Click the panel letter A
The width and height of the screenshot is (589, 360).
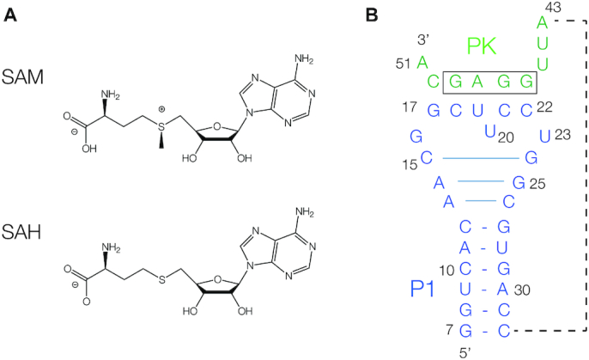(9, 15)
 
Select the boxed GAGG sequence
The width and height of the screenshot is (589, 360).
(489, 82)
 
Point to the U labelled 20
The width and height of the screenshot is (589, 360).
(490, 131)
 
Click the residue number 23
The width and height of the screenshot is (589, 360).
(563, 135)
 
